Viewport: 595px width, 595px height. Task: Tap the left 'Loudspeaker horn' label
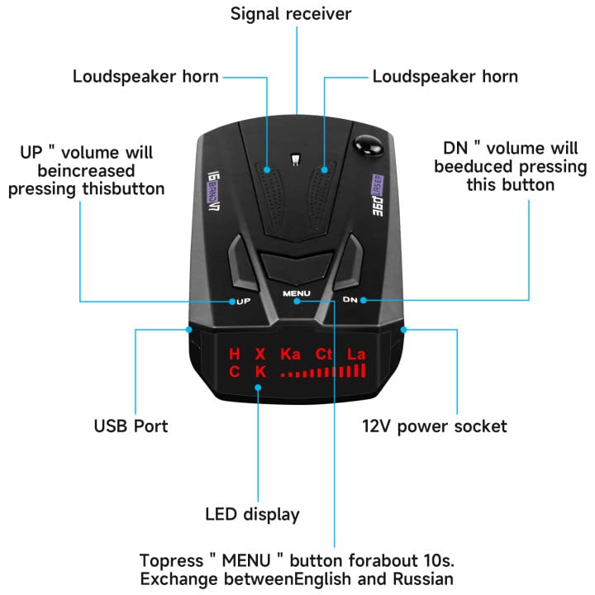click(145, 77)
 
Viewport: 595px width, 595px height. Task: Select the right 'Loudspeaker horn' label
click(445, 77)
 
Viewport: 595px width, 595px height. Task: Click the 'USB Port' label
click(131, 426)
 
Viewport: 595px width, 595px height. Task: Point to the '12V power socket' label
click(435, 426)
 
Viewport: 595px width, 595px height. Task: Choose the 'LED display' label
click(252, 514)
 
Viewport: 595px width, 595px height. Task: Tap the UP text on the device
click(244, 302)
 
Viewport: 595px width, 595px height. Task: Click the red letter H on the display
click(235, 355)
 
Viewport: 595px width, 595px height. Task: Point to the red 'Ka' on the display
click(290, 355)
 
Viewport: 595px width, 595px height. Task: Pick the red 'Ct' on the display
click(325, 355)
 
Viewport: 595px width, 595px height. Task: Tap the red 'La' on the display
click(356, 355)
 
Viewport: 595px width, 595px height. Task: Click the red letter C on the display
click(235, 372)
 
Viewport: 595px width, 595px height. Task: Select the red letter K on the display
click(260, 372)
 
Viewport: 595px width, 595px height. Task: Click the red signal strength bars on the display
click(323, 372)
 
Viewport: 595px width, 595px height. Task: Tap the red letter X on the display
click(260, 355)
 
